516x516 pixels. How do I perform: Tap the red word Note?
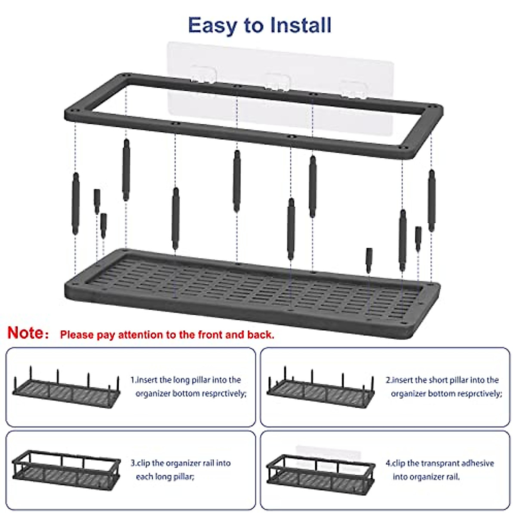point(26,333)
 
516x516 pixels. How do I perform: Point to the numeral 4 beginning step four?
point(388,463)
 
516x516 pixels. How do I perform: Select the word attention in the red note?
point(140,335)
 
